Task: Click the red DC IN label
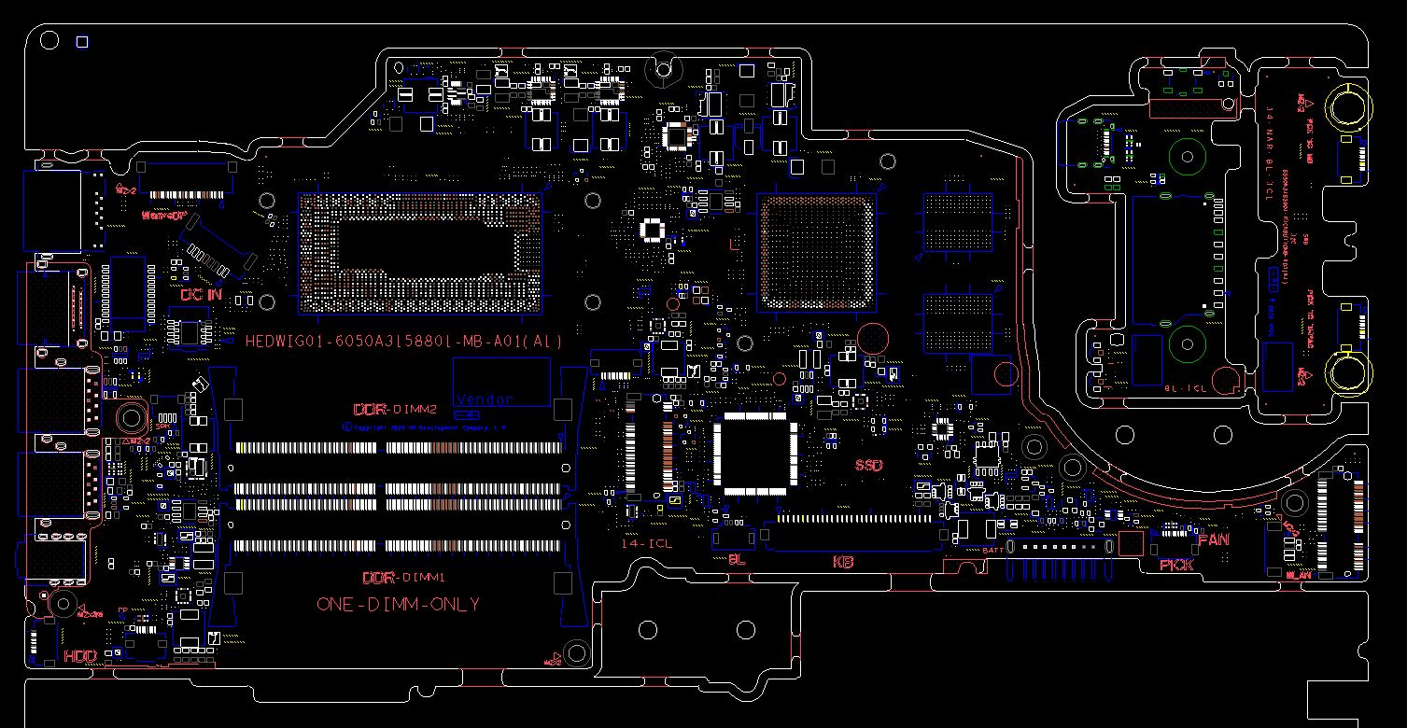pyautogui.click(x=202, y=295)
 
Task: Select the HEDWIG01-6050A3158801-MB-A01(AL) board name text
pyautogui.click(x=403, y=342)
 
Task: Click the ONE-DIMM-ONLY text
pyautogui.click(x=399, y=605)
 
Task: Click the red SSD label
pyautogui.click(x=868, y=465)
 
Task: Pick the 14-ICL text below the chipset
pyautogui.click(x=647, y=543)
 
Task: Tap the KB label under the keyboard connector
pyautogui.click(x=843, y=562)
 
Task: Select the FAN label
pyautogui.click(x=1213, y=539)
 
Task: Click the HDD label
pyautogui.click(x=80, y=657)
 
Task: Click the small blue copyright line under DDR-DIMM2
pyautogui.click(x=424, y=427)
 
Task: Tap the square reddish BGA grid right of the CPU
pyautogui.click(x=817, y=252)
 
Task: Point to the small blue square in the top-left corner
pyautogui.click(x=82, y=41)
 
